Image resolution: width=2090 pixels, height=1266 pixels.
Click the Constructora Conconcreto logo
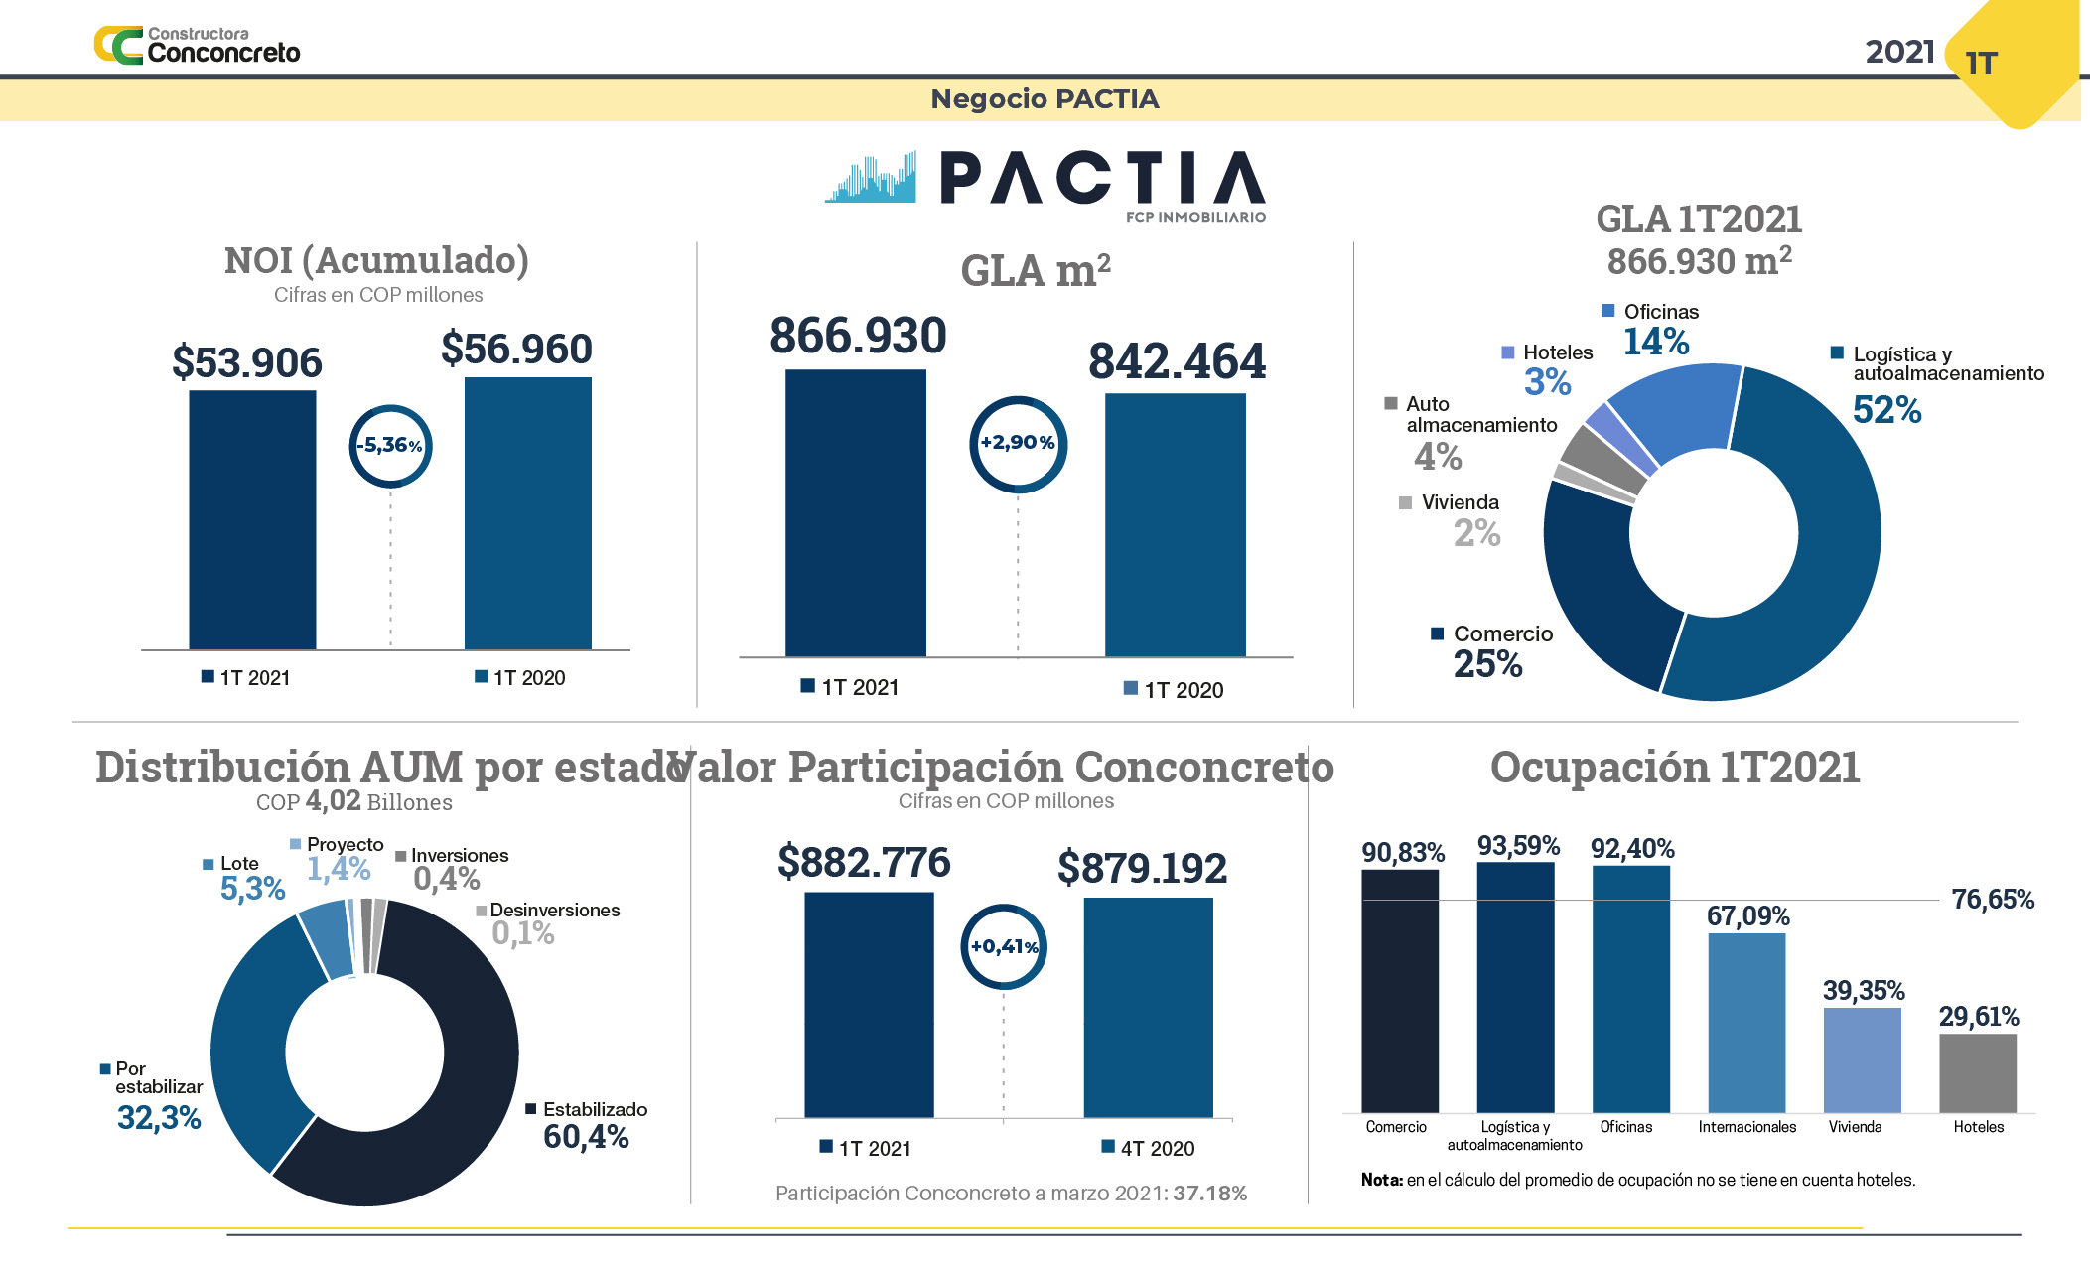(198, 46)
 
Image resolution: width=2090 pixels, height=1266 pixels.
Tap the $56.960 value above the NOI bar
(516, 350)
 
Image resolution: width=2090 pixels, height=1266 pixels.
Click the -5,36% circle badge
(390, 446)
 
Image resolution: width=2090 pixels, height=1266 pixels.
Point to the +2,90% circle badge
(1018, 443)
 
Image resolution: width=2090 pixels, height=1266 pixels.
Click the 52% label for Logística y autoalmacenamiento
(1886, 410)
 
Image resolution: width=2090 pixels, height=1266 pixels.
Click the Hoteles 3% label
(1547, 382)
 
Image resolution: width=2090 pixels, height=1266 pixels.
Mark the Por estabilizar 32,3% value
(159, 1118)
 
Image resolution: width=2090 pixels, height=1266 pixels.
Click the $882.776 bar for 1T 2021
(869, 1004)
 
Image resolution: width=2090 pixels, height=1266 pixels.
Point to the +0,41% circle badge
(1004, 947)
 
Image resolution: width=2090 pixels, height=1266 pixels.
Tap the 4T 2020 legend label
(1157, 1149)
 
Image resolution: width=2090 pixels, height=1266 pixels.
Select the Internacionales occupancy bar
(1746, 1023)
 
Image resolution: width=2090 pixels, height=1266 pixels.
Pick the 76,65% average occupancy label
(1992, 900)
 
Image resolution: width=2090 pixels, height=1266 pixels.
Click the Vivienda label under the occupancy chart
(1855, 1127)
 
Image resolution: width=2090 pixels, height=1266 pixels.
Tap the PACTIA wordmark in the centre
(1102, 179)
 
